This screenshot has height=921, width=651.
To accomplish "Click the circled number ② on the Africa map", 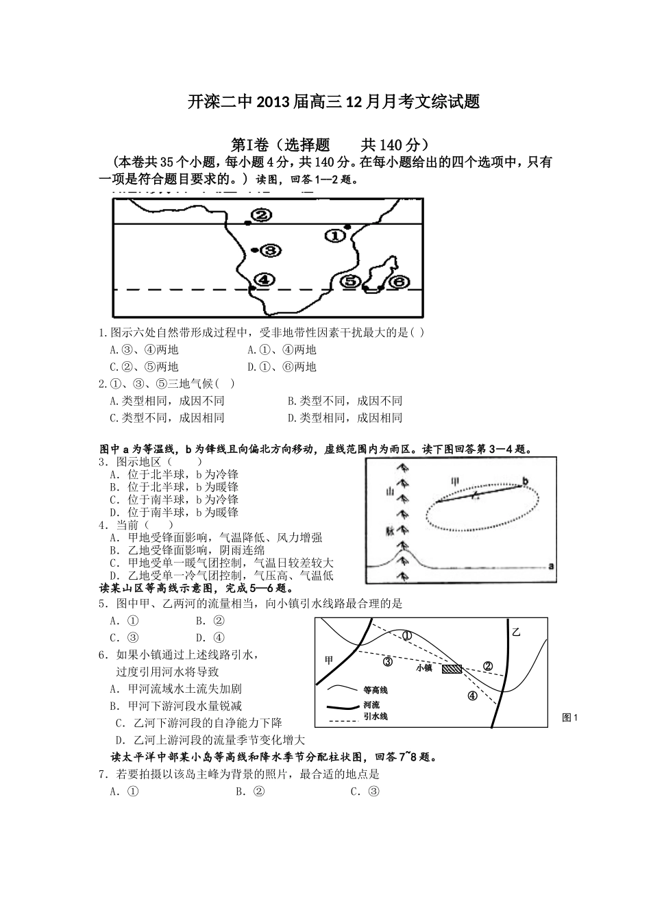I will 261,215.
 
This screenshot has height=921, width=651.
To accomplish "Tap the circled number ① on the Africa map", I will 334,236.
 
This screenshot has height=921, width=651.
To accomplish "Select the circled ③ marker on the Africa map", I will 271,251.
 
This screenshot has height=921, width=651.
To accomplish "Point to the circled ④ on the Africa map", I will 265,280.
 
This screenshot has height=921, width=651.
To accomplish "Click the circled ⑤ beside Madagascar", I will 351,281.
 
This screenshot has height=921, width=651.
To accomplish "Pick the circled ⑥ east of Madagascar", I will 399,281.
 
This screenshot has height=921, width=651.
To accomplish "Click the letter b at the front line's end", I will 526,481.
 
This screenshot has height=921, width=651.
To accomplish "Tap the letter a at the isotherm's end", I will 551,566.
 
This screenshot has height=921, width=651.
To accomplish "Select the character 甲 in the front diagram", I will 454,481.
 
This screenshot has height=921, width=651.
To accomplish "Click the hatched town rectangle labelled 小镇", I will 452,668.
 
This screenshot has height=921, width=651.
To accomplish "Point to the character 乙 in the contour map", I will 516,632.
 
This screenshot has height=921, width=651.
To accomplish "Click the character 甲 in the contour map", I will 329,660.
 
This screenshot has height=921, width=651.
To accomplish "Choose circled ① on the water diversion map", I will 406,635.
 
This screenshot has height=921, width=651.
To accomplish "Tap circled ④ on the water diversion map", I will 472,696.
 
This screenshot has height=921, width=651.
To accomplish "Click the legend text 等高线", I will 376,690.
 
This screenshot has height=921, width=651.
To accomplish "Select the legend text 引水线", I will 376,716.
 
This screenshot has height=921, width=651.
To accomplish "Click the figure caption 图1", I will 570,717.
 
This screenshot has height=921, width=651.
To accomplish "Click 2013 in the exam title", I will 274,103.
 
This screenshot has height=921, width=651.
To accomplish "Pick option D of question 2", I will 345,417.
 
